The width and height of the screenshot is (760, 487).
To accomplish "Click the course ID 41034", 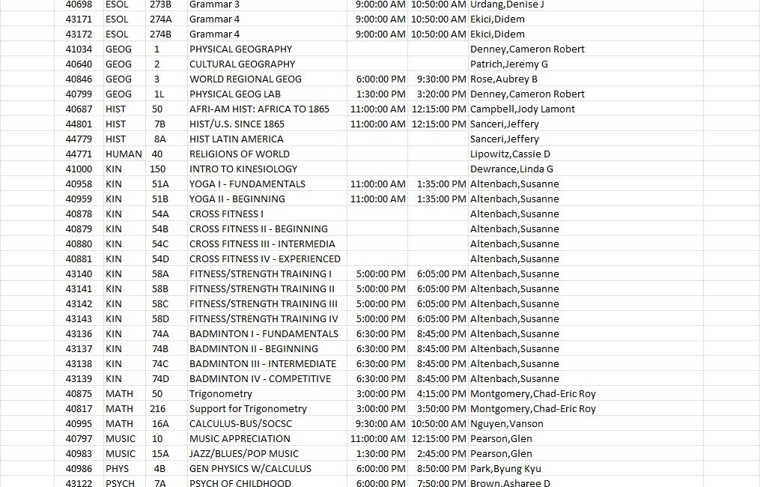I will (x=79, y=49).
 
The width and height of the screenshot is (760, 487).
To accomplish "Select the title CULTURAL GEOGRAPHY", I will (x=242, y=64).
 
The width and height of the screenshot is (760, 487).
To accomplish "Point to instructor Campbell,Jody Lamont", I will (x=523, y=109).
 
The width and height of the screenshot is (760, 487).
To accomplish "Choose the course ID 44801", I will (x=79, y=124).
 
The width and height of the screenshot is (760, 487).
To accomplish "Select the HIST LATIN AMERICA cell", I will (x=236, y=139).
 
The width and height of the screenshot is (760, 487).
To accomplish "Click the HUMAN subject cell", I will (x=124, y=154).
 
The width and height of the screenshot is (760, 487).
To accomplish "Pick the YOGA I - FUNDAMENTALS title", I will (x=247, y=184).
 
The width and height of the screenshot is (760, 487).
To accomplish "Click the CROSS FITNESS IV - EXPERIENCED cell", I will (x=254, y=259).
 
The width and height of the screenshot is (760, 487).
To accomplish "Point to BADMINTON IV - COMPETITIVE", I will (x=260, y=379).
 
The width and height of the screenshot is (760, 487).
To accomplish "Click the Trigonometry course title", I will (x=220, y=394).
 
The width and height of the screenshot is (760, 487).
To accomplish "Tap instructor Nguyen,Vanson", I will (x=506, y=424).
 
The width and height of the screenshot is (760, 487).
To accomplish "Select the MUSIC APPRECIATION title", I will (x=240, y=439).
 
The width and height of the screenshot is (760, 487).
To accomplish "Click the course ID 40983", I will (x=79, y=454).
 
